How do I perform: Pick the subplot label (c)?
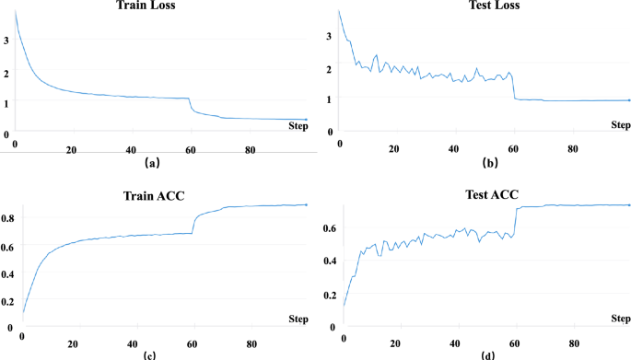coord(148,354)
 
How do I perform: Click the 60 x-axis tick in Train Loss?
coord(190,151)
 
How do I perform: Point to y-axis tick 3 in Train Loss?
coord(7,41)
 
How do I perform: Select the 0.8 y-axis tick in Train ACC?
coord(7,218)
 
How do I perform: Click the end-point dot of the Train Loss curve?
coord(307,120)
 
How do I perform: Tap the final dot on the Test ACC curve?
coord(629,205)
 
